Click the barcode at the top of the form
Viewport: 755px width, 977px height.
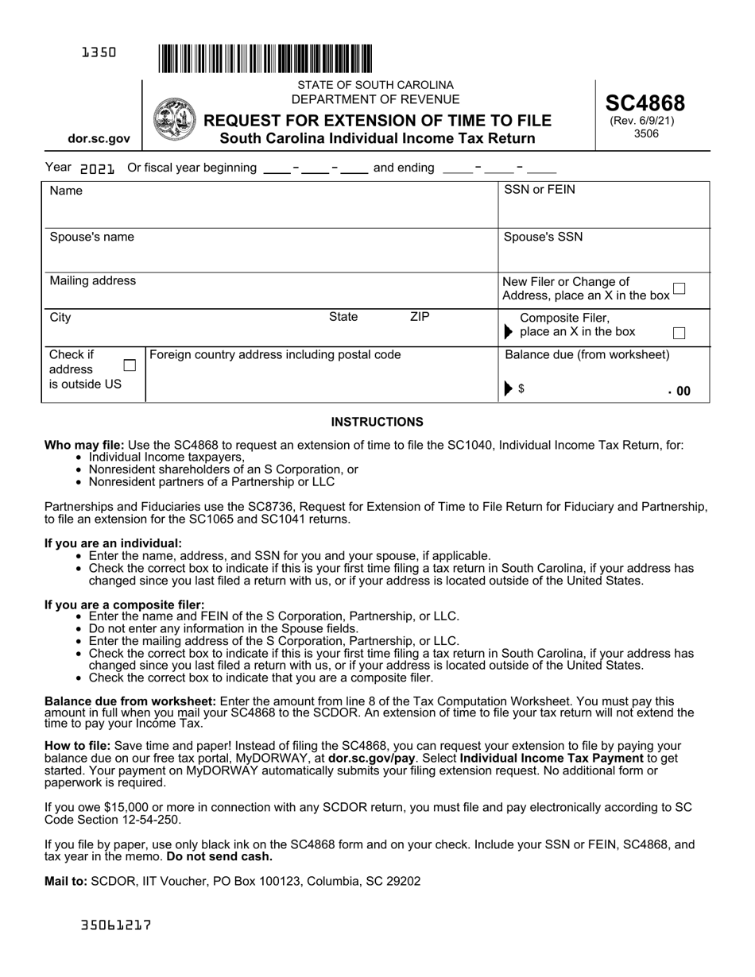click(265, 58)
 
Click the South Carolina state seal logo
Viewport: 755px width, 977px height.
click(174, 120)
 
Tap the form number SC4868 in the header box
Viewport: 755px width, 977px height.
click(645, 102)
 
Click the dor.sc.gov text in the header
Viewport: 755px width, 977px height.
click(99, 138)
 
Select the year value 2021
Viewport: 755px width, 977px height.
click(98, 168)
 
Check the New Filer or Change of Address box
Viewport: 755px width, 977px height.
click(679, 288)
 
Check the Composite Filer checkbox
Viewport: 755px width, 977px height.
click(679, 333)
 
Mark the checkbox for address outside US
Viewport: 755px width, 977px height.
click(130, 365)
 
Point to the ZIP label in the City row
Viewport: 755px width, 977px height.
click(419, 317)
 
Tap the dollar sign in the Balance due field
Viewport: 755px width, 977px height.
click(521, 389)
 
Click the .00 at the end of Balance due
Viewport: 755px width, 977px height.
click(679, 391)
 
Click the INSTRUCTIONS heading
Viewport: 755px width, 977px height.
click(377, 422)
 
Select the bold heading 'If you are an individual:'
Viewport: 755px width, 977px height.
click(113, 543)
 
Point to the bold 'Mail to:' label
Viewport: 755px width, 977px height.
click(66, 881)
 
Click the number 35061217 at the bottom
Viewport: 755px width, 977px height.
click(116, 925)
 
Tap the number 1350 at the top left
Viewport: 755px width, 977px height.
click(99, 52)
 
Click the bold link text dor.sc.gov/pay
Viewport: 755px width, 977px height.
click(371, 758)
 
